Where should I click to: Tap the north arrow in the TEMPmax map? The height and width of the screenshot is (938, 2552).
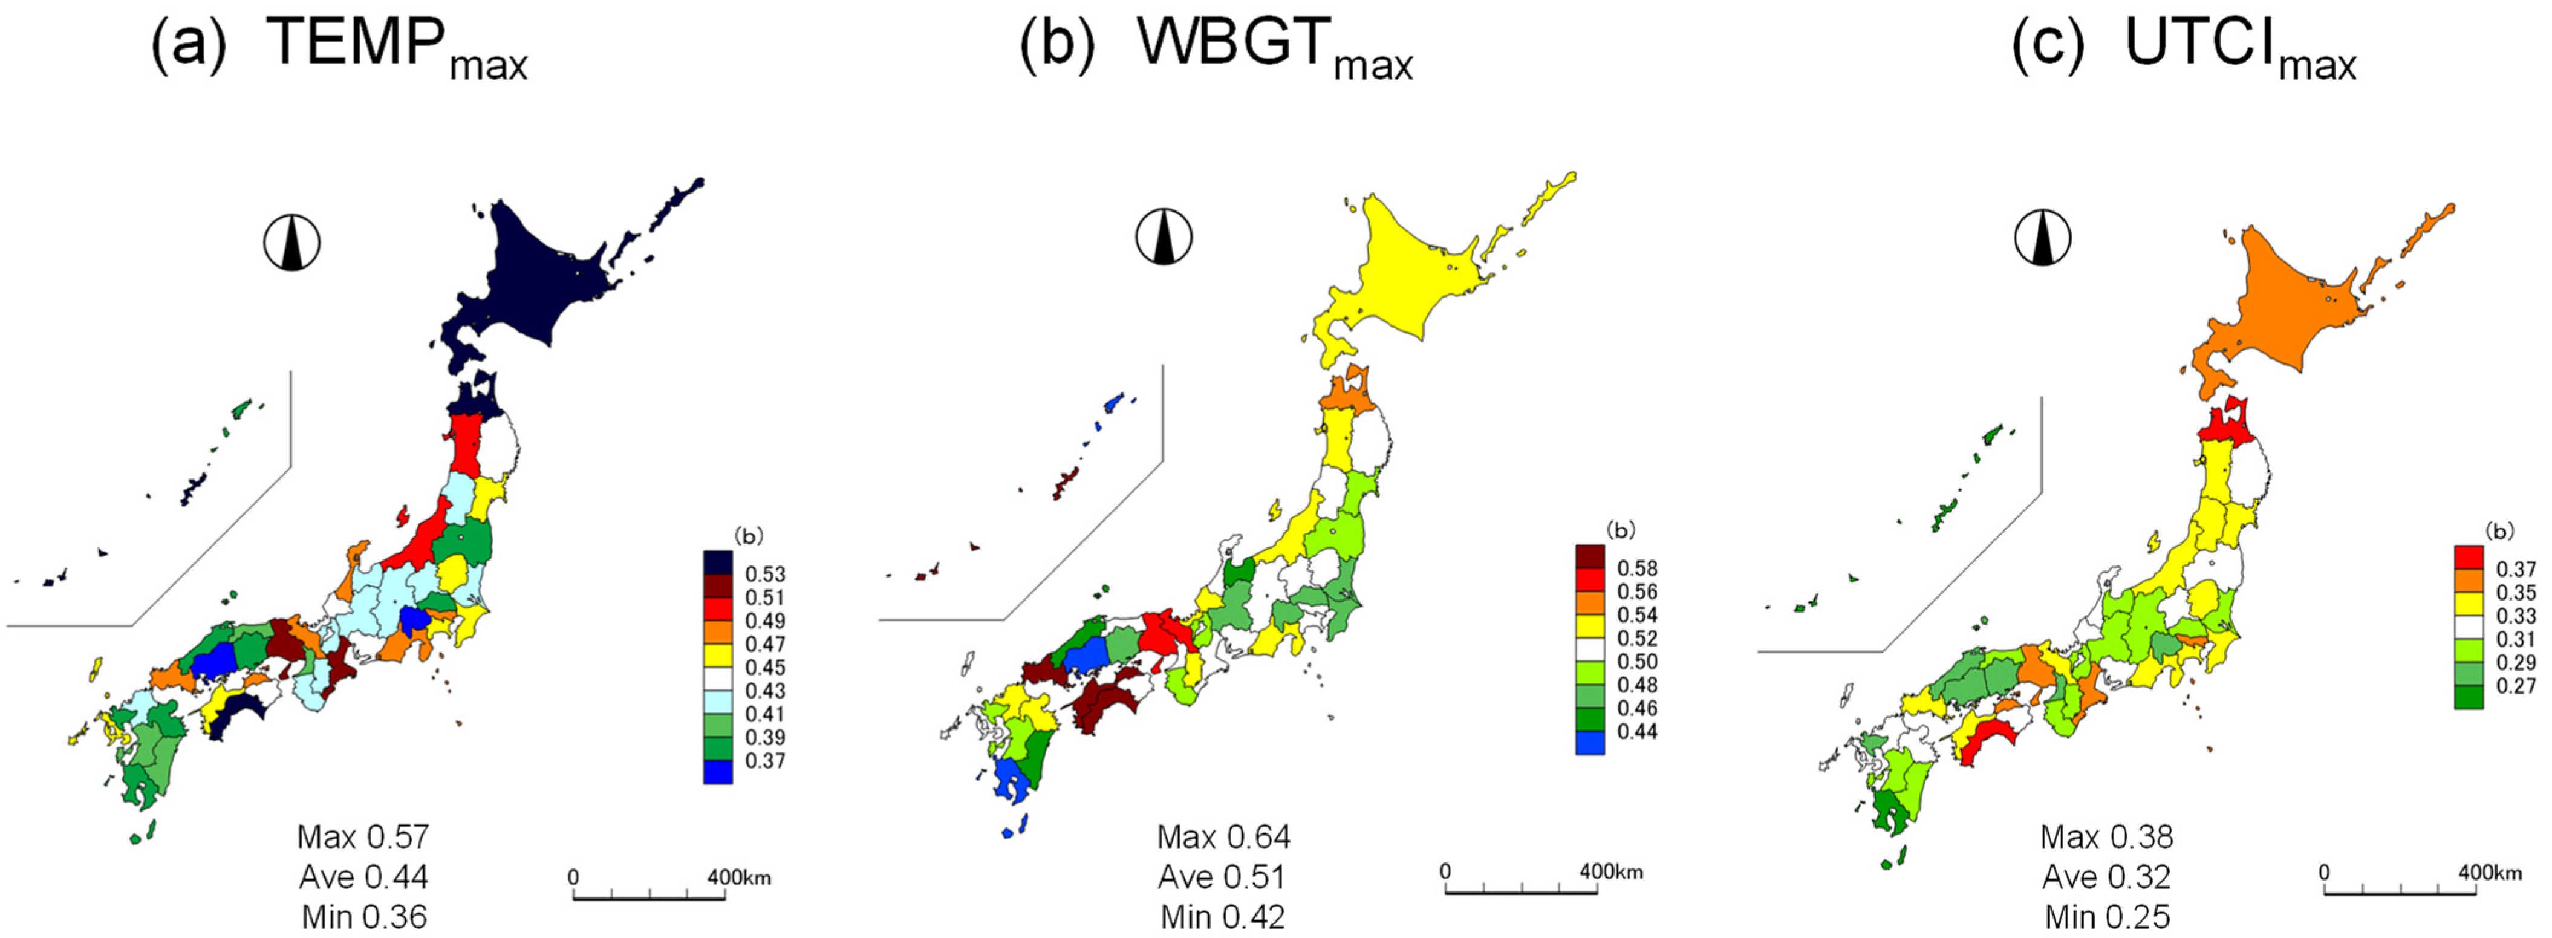point(291,243)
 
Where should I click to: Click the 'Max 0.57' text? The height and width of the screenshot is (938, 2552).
point(363,837)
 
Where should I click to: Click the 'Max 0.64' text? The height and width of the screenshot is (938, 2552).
point(1223,837)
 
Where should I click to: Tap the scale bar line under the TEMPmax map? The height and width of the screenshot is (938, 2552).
point(649,898)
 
